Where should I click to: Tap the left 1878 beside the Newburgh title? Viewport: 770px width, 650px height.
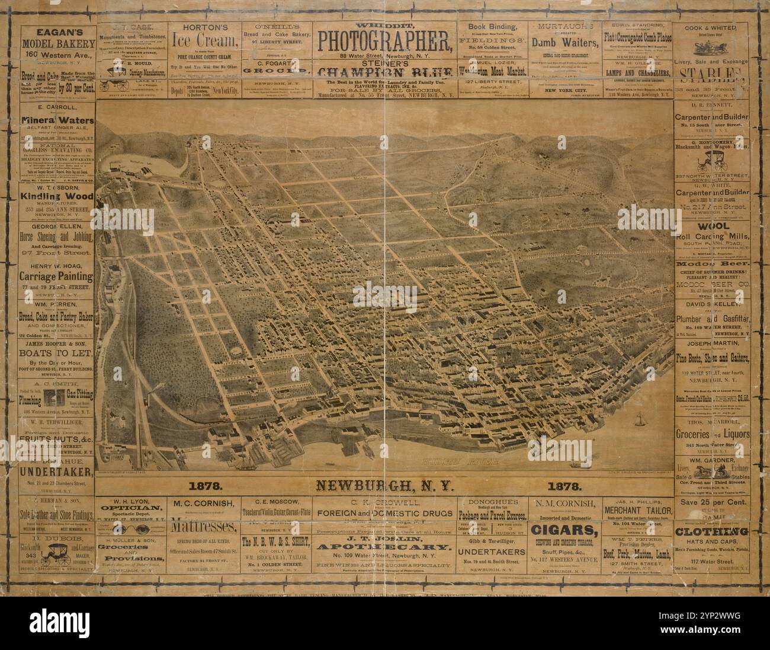pyautogui.click(x=205, y=486)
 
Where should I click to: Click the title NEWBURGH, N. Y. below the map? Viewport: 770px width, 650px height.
pyautogui.click(x=384, y=486)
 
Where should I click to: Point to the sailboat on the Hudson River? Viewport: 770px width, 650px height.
pyautogui.click(x=640, y=419)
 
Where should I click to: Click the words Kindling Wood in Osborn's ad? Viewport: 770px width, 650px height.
pyautogui.click(x=57, y=196)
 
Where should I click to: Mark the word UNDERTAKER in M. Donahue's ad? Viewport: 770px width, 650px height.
pyautogui.click(x=57, y=472)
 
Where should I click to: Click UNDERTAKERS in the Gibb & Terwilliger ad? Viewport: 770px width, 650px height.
pyautogui.click(x=493, y=551)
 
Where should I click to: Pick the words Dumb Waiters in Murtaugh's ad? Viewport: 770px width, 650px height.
pyautogui.click(x=563, y=42)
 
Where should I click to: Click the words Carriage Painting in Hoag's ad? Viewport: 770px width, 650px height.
pyautogui.click(x=57, y=277)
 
